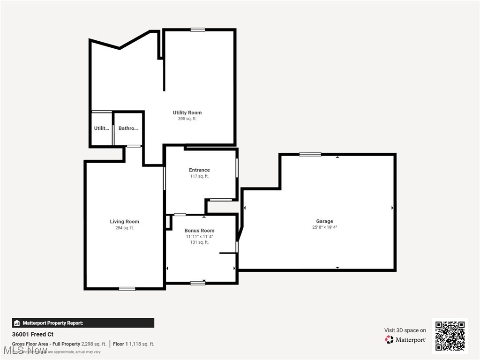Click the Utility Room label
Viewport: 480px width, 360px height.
[187, 112]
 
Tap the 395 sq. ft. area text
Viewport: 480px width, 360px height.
[187, 119]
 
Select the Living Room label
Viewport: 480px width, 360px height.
[124, 222]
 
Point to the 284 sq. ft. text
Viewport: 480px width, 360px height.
[124, 228]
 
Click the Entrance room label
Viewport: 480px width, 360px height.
[199, 170]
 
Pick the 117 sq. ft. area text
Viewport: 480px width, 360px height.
[199, 177]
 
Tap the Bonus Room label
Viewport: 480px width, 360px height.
[199, 231]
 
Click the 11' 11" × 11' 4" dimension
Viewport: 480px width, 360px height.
[199, 237]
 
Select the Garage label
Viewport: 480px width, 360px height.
[324, 221]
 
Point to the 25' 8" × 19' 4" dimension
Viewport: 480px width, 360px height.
[324, 227]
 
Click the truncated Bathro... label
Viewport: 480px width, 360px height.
[128, 128]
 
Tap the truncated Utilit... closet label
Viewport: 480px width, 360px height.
[101, 128]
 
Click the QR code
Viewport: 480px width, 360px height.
[450, 336]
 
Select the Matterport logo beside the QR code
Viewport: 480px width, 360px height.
[405, 339]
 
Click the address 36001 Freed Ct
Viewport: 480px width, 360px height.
[33, 335]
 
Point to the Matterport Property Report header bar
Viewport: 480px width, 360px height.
[83, 323]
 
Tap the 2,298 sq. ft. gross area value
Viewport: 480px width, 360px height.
[94, 344]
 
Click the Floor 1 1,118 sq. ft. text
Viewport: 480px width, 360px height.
[134, 344]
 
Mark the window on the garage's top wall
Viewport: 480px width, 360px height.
[310, 154]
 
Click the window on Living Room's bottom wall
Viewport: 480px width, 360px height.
[127, 288]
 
